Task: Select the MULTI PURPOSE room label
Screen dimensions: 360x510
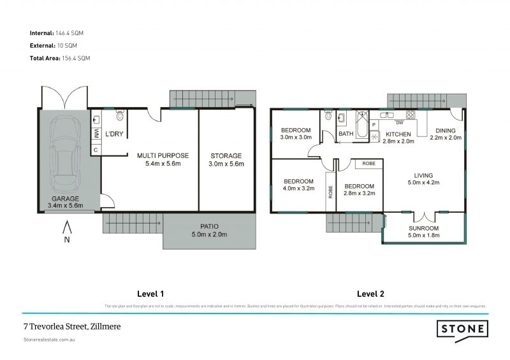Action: click(x=163, y=155)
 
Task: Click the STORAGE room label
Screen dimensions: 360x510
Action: click(x=226, y=155)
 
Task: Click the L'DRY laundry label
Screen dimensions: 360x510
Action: click(x=114, y=134)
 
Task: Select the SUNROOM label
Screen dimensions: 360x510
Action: click(x=423, y=228)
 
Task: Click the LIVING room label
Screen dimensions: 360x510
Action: click(x=423, y=175)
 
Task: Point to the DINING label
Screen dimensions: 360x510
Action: click(x=446, y=131)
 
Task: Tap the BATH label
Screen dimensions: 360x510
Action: click(x=346, y=134)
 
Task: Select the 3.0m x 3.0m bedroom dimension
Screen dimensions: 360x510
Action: click(x=296, y=137)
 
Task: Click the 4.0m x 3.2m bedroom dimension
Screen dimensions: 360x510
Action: click(x=299, y=188)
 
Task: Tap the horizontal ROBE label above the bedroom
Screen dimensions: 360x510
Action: click(x=368, y=164)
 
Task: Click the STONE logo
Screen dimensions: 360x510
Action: click(x=462, y=329)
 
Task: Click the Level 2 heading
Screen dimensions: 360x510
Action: click(x=370, y=294)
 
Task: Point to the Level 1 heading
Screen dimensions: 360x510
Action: click(x=151, y=294)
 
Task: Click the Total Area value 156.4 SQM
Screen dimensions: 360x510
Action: click(x=75, y=58)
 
